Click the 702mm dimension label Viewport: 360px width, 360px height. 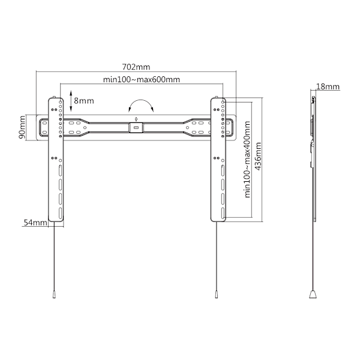tap(136, 67)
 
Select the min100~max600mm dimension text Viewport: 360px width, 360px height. tap(142, 79)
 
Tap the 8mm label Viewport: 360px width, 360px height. tap(84, 101)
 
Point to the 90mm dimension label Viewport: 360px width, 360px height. tap(22, 127)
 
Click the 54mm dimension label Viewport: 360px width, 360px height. tap(35, 223)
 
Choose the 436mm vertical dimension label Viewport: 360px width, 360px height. tap(258, 156)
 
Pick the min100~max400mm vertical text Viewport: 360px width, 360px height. tap(247, 160)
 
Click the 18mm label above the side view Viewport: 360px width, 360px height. tap(328, 86)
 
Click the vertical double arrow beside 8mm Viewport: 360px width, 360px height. tap(71, 101)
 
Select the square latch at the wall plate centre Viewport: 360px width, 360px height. tap(136, 128)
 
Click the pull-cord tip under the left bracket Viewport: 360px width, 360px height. tap(54, 295)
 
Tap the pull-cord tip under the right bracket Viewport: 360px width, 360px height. tap(216, 295)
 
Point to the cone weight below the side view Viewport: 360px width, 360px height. tap(313, 295)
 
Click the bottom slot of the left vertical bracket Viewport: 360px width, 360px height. tap(61, 214)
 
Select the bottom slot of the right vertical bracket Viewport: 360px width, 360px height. tap(223, 214)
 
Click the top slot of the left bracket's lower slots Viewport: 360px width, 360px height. tap(61, 170)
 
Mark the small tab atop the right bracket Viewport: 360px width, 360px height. tap(216, 97)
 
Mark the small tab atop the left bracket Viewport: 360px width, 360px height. tap(54, 97)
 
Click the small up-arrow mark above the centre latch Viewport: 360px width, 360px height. tap(136, 119)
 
